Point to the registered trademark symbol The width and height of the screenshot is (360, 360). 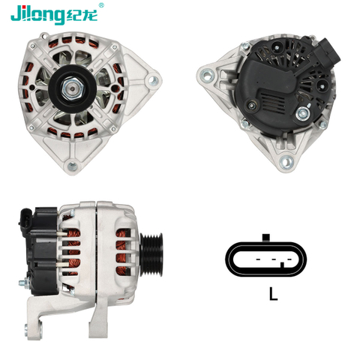(102, 5)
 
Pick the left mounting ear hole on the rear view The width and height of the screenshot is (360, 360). (205, 73)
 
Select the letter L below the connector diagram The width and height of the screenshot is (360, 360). (273, 295)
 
